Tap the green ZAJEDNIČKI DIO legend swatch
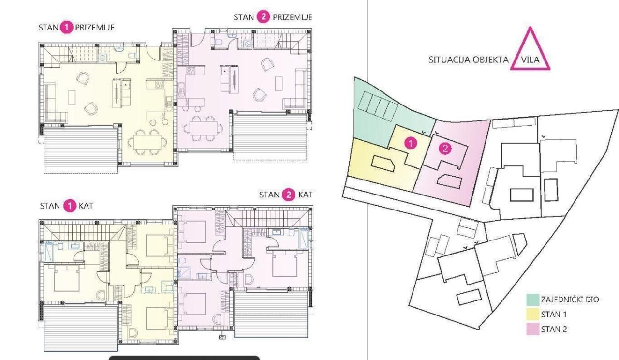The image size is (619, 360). point(532,300)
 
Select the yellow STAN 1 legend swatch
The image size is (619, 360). point(532,315)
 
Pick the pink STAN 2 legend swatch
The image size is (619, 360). point(532,330)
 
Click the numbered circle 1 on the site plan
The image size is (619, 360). point(410,143)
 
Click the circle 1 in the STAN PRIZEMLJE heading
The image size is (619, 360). point(66,28)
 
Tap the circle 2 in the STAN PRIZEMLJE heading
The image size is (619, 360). point(264,17)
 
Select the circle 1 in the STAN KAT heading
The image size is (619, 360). point(69,206)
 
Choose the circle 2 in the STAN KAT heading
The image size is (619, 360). point(289,195)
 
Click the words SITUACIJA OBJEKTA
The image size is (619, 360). point(468,60)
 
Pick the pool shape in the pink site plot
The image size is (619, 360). point(449,181)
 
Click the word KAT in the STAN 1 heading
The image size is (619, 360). point(86,206)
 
